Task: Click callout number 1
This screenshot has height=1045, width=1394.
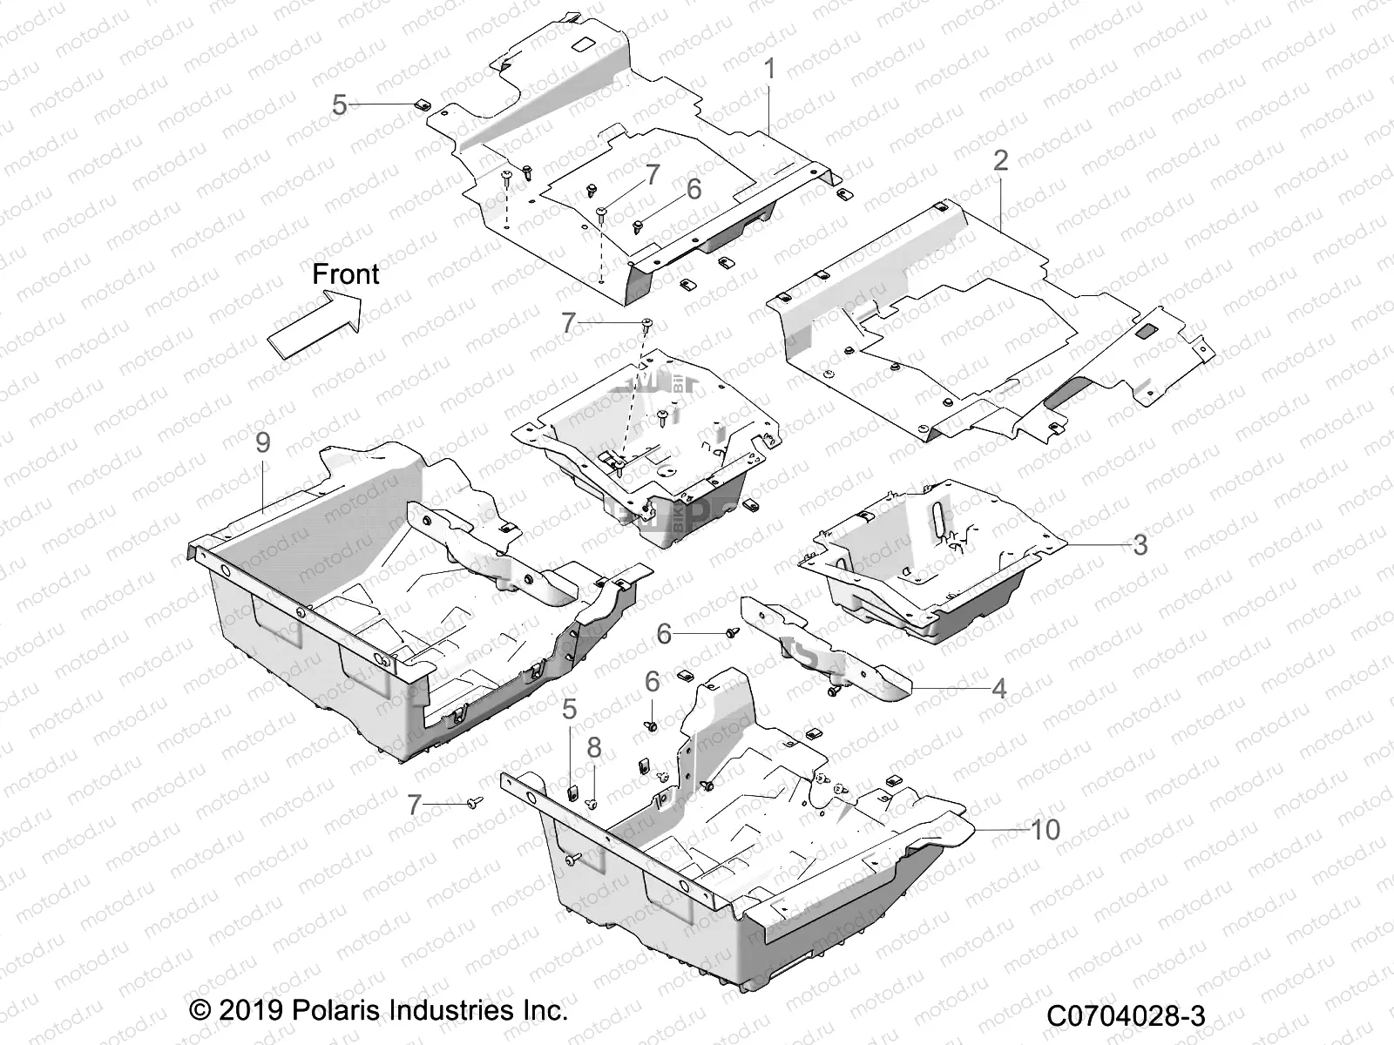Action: (769, 69)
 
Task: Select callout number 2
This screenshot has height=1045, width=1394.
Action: (1000, 160)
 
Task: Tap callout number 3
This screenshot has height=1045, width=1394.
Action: (1140, 546)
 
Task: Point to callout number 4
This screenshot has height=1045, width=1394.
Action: (999, 689)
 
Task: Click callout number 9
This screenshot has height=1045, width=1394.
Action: (262, 443)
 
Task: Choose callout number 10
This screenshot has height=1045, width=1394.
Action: (1045, 830)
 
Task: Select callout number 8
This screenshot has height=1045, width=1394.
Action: (593, 748)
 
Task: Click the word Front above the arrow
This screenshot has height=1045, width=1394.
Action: (346, 274)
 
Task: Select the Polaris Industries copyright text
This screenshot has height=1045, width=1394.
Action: (379, 1011)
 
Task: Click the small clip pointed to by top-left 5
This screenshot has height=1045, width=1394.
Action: (418, 104)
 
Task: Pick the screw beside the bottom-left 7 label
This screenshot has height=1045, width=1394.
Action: (474, 800)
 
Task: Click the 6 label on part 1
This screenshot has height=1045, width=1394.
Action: (694, 191)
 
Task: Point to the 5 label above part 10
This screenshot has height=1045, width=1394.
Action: (569, 710)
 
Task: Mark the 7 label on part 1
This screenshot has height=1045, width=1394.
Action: (652, 174)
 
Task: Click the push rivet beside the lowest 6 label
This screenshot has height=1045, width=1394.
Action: (650, 725)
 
